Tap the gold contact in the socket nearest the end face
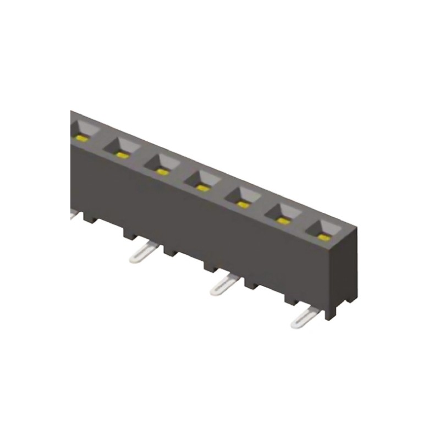click(324, 238)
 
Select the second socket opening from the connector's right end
click(284, 214)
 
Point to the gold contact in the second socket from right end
click(283, 221)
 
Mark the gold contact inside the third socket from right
click(243, 204)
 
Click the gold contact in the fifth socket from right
click(162, 172)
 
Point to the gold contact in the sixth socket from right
click(122, 155)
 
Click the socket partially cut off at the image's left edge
click(84, 130)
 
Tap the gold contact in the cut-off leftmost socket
click(82, 137)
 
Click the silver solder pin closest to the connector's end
click(302, 318)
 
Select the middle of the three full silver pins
click(222, 285)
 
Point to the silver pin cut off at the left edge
click(74, 216)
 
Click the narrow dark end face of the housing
click(348, 269)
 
